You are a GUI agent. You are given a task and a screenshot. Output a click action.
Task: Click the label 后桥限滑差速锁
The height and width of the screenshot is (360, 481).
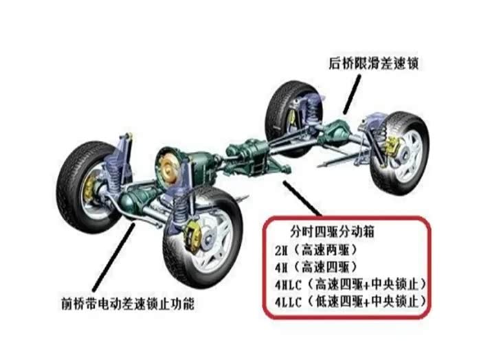[374, 64]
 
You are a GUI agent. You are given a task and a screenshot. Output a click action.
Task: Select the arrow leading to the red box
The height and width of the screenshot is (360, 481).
[302, 199]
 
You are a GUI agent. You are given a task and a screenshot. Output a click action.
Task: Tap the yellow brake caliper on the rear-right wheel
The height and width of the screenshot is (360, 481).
[394, 146]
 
